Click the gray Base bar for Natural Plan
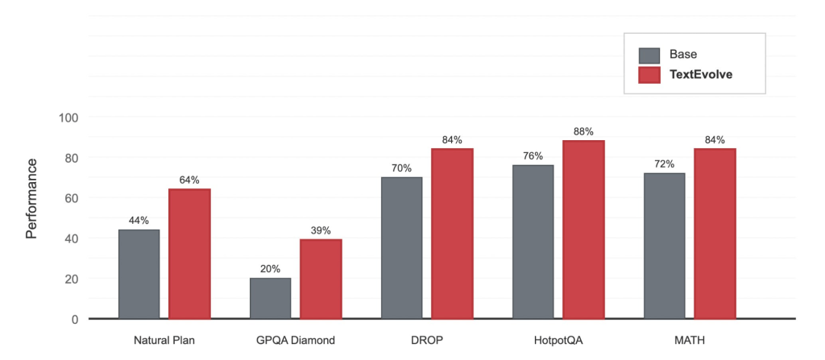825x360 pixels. (x=139, y=274)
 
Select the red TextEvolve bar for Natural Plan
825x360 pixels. (x=189, y=254)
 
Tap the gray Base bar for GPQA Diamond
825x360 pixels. (x=270, y=298)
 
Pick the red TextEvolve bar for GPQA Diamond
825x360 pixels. (x=321, y=279)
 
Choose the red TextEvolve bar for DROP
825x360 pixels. (x=452, y=234)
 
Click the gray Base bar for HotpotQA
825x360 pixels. (x=533, y=242)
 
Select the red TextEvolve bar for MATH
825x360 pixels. (x=715, y=234)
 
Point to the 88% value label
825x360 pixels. (x=583, y=131)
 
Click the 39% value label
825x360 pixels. (x=321, y=230)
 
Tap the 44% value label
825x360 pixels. (x=139, y=221)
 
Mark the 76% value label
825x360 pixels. (x=533, y=156)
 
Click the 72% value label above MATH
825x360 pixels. (x=664, y=164)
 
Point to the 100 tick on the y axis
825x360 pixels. (x=68, y=118)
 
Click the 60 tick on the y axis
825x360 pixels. (x=72, y=198)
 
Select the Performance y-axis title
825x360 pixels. (x=31, y=198)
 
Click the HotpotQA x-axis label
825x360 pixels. (x=558, y=340)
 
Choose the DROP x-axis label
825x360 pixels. (x=426, y=340)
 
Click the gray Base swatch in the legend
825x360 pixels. (x=649, y=55)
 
